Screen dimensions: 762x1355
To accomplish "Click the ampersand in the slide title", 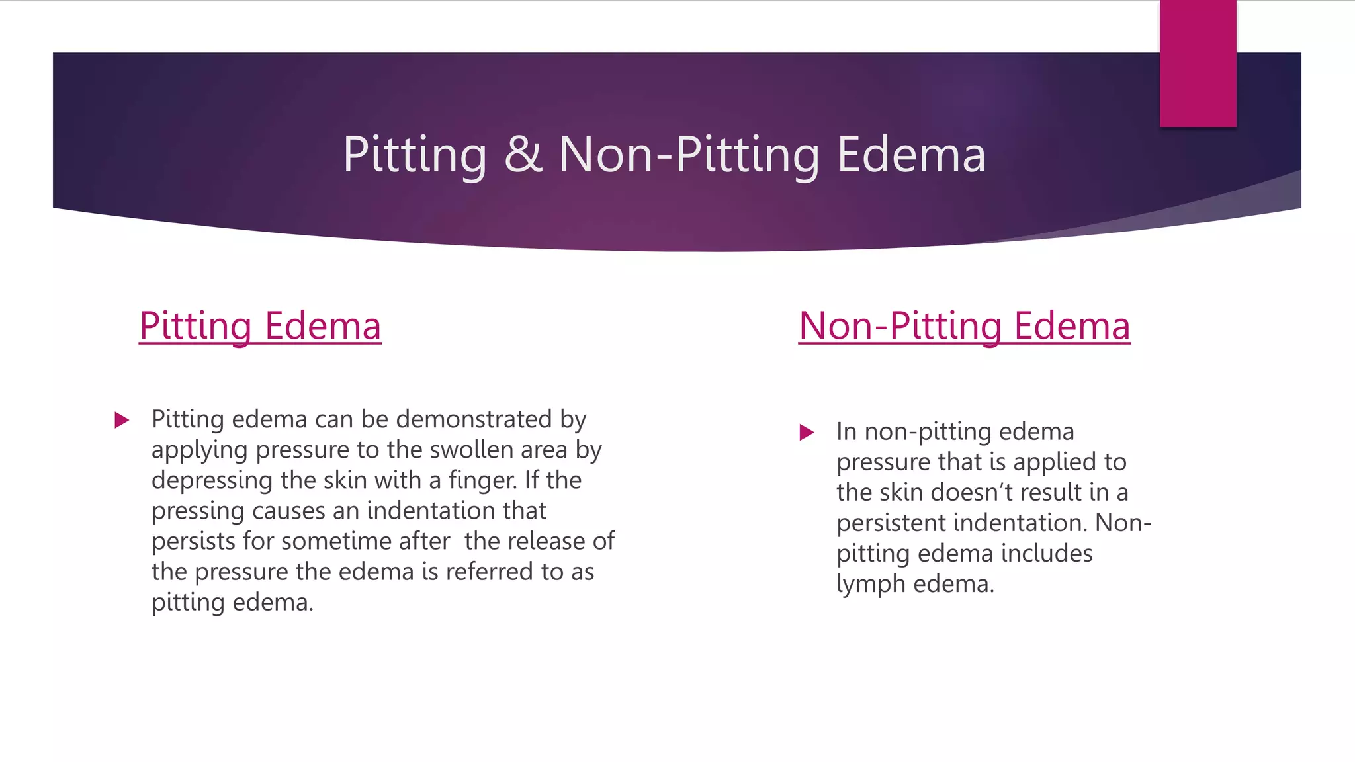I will (523, 154).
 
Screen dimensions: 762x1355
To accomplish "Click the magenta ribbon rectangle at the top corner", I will (1198, 63).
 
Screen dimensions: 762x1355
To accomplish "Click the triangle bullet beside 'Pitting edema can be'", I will (122, 420).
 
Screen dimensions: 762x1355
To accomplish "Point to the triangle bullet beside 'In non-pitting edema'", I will (807, 433).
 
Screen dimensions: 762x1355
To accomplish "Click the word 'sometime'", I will (350, 541).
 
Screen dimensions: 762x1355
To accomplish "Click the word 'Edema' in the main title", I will (911, 154).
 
